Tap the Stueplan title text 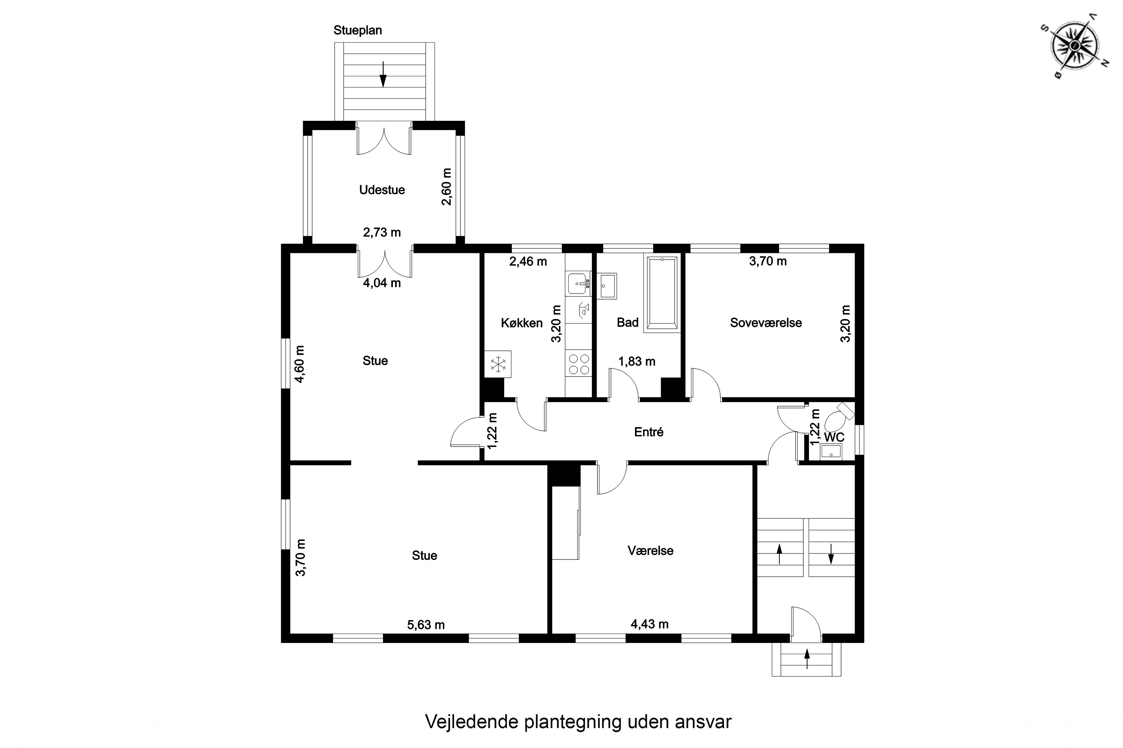coord(357,30)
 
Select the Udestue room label coord(381,190)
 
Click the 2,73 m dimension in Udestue coord(381,232)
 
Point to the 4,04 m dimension coord(381,283)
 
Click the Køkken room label coord(521,323)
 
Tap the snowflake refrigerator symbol coord(498,364)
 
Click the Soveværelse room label coord(766,322)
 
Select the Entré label coord(648,432)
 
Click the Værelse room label coord(650,551)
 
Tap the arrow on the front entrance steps coord(807,659)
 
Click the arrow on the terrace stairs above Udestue coord(383,74)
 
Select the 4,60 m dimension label coord(299,364)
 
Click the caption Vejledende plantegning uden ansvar coord(578,722)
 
